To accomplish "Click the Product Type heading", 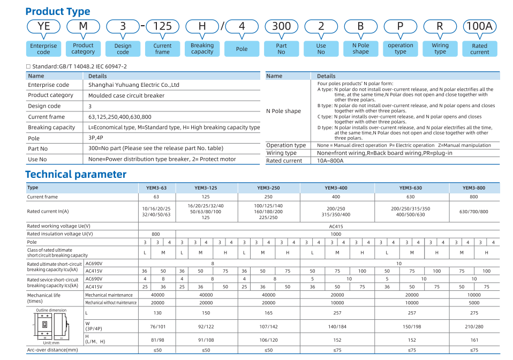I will point(58,11).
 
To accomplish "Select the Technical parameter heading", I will point(76,174).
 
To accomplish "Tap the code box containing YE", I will point(43,26).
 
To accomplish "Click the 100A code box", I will point(479,26).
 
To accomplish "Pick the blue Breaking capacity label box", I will point(202,49).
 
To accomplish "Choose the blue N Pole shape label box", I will point(360,49).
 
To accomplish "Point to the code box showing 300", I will point(281,26).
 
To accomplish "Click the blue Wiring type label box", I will point(440,49).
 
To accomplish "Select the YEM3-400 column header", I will point(336,188).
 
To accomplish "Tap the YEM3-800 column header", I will point(474,188).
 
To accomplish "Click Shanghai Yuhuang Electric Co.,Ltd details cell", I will point(134,85).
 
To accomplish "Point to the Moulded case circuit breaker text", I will point(126,95).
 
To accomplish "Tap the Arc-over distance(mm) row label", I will point(52,350).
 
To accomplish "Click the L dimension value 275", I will point(474,312).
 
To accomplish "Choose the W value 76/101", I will point(157,326).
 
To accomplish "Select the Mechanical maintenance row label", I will point(109,295).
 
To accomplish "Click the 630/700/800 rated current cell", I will point(474,212).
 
